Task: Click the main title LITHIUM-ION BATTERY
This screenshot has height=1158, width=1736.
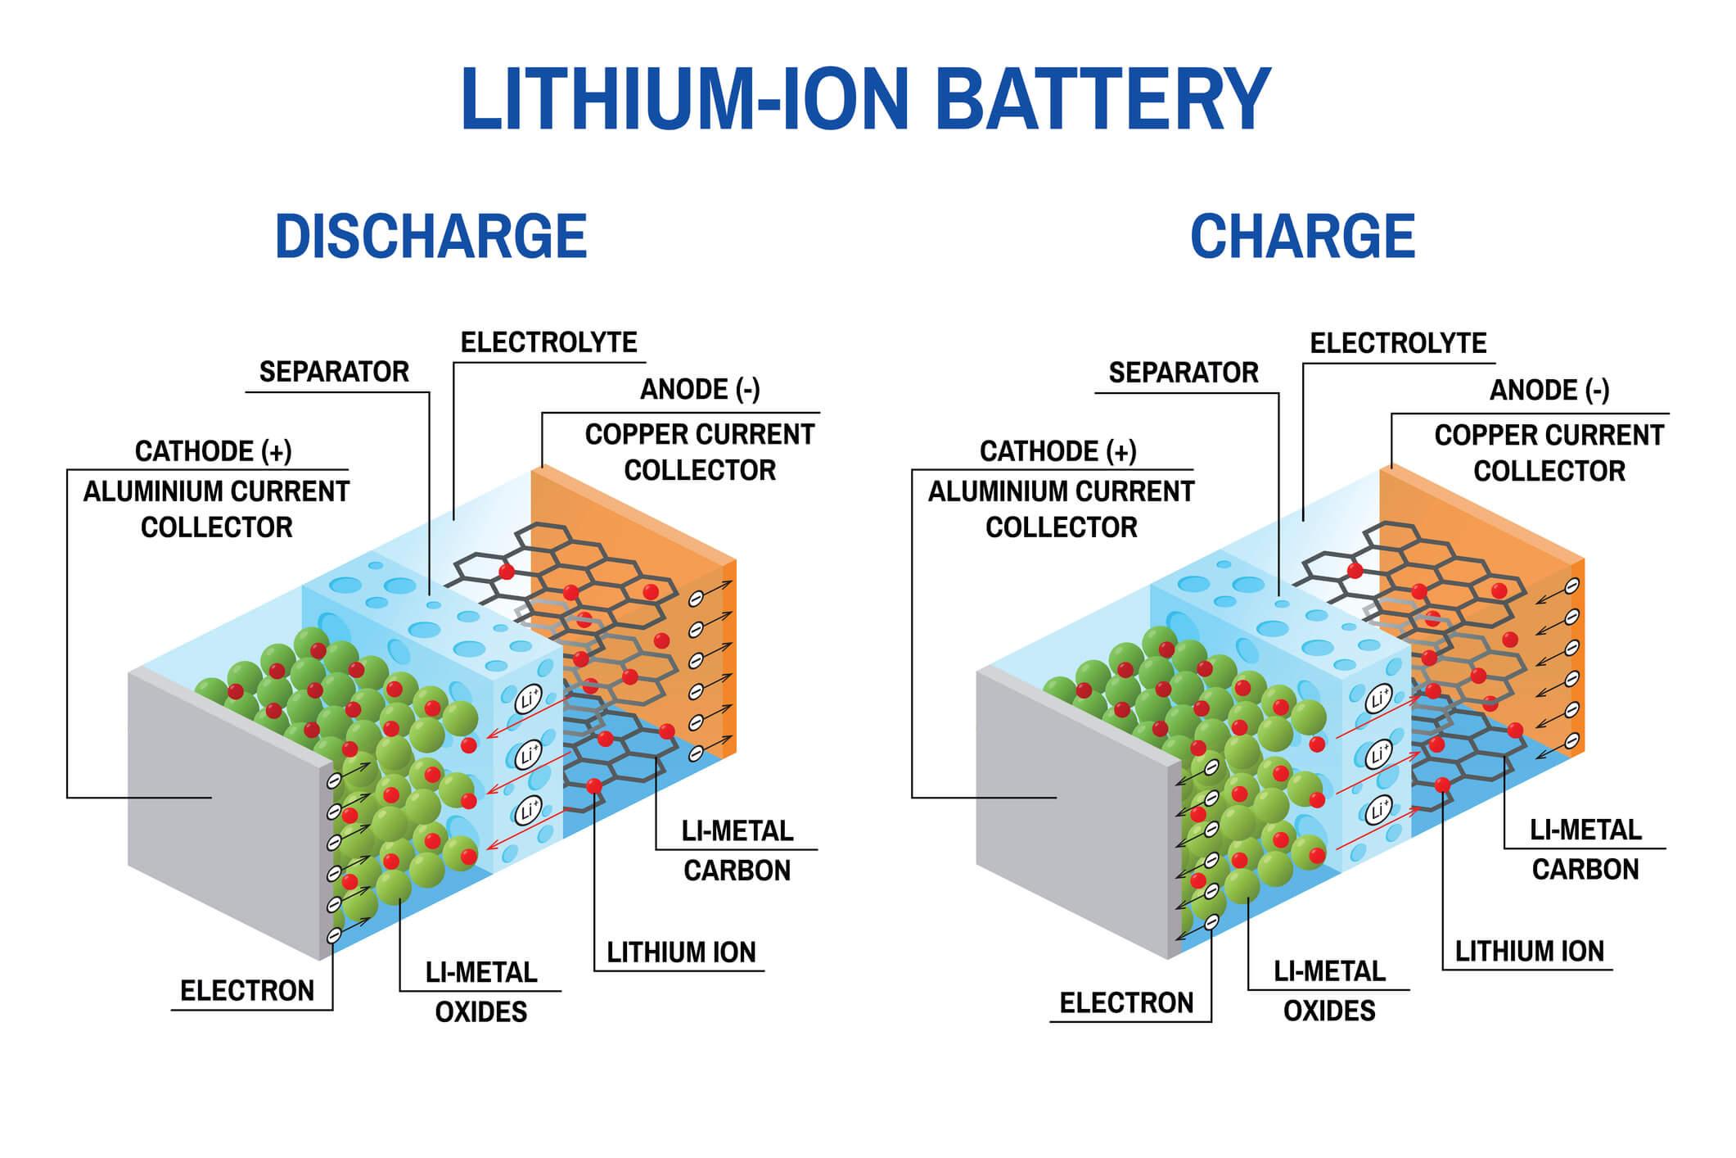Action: [x=866, y=100]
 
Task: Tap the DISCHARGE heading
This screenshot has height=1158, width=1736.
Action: [x=431, y=237]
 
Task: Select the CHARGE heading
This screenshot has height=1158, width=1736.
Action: [x=1302, y=237]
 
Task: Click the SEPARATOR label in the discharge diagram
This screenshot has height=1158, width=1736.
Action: [x=334, y=372]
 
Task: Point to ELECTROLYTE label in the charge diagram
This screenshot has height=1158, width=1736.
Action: [x=1398, y=343]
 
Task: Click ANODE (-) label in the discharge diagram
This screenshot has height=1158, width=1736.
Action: [x=700, y=390]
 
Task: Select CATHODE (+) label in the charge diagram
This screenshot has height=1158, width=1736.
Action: [x=1057, y=451]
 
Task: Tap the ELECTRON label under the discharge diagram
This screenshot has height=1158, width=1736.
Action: [x=247, y=991]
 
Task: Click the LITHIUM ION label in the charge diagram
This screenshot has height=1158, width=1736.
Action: [x=1529, y=952]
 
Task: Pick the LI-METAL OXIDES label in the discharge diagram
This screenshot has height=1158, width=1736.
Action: [x=481, y=992]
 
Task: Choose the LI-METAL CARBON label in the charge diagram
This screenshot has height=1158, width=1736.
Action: [x=1585, y=849]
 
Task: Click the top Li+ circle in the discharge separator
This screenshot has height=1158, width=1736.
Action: [x=529, y=700]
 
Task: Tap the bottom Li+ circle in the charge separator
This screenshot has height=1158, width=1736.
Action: [x=1378, y=811]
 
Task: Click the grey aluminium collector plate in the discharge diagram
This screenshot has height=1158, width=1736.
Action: [x=221, y=811]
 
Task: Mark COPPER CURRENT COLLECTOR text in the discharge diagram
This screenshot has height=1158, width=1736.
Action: [x=700, y=452]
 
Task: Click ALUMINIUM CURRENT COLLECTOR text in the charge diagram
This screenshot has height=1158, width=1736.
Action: [x=1061, y=509]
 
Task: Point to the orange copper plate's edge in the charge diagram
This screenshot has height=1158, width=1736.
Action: [x=1578, y=655]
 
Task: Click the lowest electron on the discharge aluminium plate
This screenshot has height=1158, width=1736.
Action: [x=334, y=934]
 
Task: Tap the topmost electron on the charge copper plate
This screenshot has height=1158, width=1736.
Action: [x=1571, y=586]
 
